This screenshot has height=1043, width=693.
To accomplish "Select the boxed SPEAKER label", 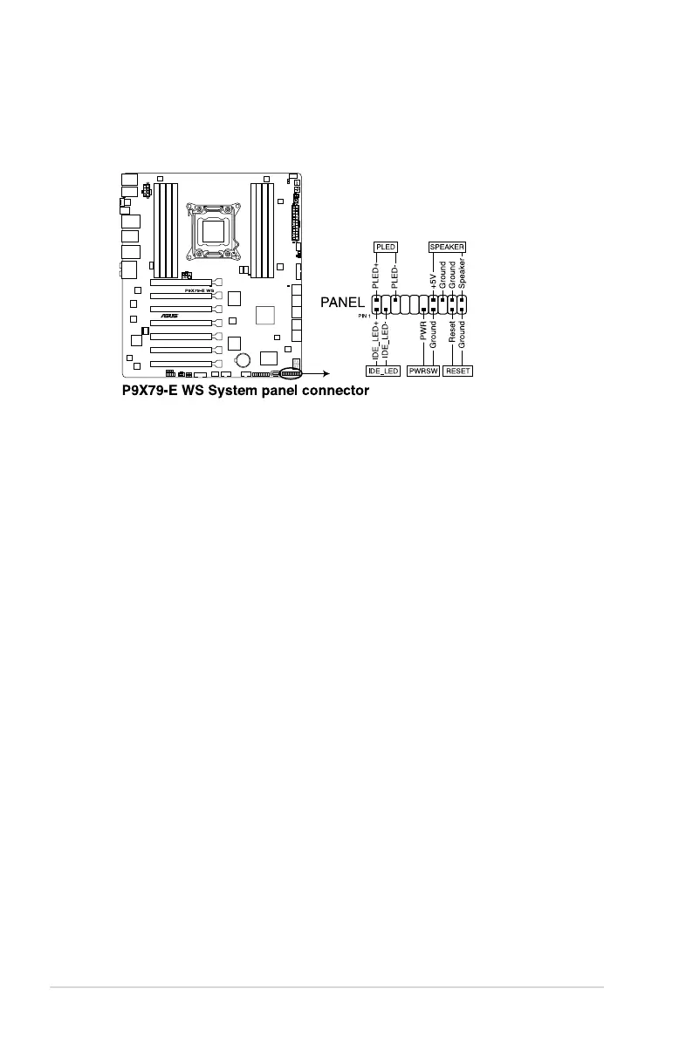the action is click(447, 247).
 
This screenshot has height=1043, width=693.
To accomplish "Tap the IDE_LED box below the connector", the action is click(383, 371).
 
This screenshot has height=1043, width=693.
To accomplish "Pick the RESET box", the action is click(457, 371).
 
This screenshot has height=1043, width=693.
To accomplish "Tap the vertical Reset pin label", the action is click(452, 331).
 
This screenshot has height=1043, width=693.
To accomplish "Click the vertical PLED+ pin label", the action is click(376, 275).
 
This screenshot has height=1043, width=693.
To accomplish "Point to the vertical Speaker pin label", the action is click(463, 272).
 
